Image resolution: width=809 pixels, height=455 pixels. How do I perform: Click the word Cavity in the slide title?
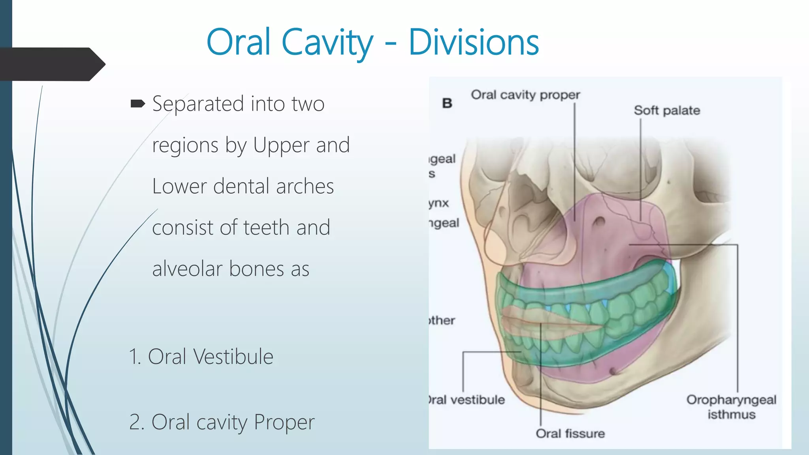click(x=327, y=43)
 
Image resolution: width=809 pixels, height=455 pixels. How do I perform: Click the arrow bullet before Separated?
click(x=137, y=104)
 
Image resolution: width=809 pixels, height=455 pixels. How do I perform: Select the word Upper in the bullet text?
click(x=281, y=145)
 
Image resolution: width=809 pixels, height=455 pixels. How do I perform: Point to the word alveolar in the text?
click(x=187, y=269)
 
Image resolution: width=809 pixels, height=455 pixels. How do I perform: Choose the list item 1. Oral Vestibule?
click(x=201, y=357)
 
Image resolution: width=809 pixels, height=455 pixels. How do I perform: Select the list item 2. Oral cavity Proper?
click(x=222, y=422)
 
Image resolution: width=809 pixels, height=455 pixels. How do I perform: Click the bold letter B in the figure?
click(x=447, y=103)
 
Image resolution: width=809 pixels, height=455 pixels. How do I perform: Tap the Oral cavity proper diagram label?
click(x=525, y=95)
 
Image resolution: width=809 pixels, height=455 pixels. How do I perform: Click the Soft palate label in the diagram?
click(x=667, y=111)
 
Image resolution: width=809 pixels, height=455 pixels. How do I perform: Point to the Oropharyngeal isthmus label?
click(x=731, y=407)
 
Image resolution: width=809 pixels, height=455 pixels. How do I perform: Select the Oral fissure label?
click(x=570, y=434)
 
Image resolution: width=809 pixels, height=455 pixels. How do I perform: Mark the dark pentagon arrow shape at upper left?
click(x=51, y=64)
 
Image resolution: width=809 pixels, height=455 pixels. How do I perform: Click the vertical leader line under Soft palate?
click(x=640, y=170)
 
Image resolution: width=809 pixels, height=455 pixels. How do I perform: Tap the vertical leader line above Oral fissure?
click(x=540, y=375)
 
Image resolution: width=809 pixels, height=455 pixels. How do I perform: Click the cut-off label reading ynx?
click(x=439, y=203)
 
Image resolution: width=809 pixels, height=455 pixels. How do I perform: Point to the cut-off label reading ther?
click(x=442, y=320)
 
